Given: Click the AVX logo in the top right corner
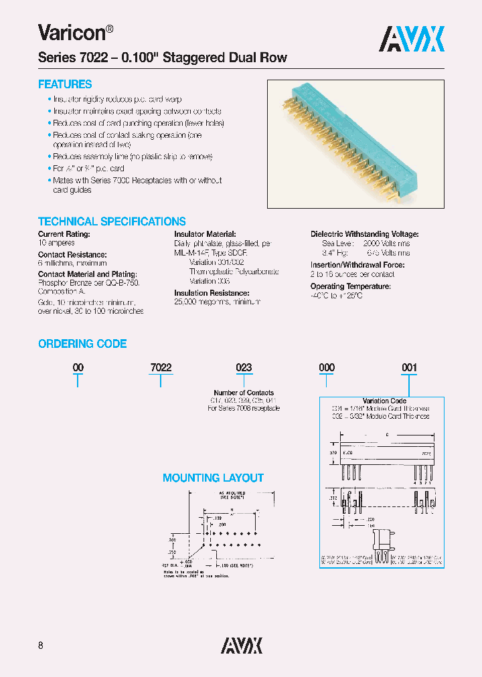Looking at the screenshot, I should [412, 38].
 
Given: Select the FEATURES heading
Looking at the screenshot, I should [65, 84].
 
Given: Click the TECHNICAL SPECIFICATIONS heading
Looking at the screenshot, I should [112, 221].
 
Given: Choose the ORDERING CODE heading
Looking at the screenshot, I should [82, 343].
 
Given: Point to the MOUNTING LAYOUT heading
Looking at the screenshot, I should [213, 478].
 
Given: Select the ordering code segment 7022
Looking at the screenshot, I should [161, 368].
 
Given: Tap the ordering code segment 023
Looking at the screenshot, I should [244, 368].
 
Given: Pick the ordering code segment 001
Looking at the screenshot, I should [408, 368].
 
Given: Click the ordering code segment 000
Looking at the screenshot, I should [326, 368].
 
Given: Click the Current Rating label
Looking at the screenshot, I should [64, 234].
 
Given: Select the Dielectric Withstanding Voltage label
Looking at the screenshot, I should [364, 234].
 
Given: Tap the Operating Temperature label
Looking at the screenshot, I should [350, 286].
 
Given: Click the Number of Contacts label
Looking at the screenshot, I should [244, 393].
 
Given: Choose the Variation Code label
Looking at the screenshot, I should [384, 401].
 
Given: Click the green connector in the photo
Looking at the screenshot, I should [348, 140].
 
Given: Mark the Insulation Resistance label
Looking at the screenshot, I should [212, 293].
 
